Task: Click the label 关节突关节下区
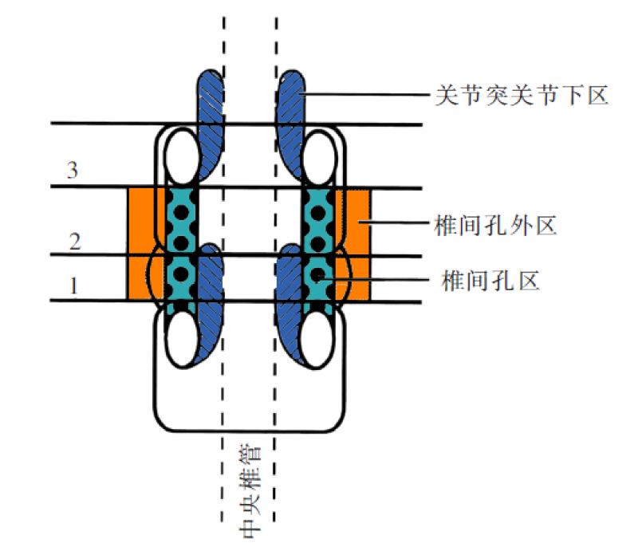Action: (x=522, y=96)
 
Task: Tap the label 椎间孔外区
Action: (x=495, y=226)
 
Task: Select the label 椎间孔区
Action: (x=490, y=279)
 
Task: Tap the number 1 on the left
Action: (x=74, y=285)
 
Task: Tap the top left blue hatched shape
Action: (x=211, y=120)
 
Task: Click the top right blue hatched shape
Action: (x=289, y=120)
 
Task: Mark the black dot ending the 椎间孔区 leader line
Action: (x=319, y=277)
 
